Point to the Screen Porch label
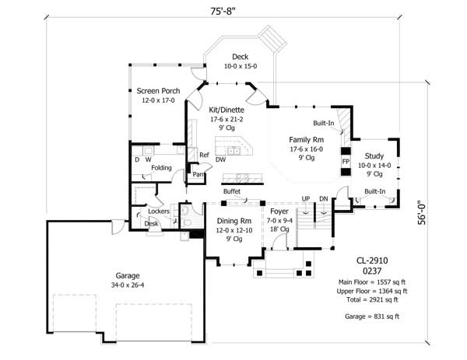158,91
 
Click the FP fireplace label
345,162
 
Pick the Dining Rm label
233,220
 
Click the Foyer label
279,211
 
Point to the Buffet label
231,191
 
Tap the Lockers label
159,211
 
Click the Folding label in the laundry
161,167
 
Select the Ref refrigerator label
204,155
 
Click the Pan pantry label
199,175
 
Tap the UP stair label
306,198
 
